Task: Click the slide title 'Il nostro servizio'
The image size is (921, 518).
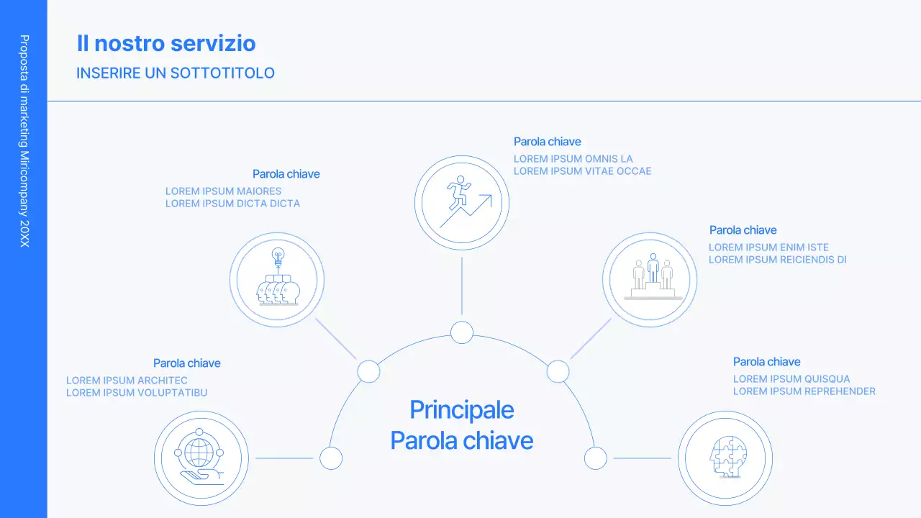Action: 166,43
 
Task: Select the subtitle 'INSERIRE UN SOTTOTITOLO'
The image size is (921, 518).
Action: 176,73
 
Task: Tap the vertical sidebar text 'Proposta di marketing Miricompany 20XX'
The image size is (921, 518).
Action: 24,141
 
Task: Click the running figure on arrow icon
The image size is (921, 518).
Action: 462,202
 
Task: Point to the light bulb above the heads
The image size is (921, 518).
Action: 278,255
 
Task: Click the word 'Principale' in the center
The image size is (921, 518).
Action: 462,410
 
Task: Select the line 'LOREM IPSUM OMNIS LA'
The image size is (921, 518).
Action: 573,159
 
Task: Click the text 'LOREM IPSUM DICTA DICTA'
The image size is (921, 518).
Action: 232,204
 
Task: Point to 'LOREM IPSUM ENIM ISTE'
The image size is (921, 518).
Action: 768,247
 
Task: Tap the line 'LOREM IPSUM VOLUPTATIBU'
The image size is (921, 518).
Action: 137,393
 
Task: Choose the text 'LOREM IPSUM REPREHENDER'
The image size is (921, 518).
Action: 804,391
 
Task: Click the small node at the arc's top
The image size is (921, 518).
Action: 462,332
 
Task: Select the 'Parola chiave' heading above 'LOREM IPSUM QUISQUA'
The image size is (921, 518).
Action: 766,362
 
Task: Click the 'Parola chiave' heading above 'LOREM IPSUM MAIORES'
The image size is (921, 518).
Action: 286,174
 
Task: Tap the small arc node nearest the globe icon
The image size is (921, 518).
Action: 331,458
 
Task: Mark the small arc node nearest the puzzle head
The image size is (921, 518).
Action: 596,458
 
